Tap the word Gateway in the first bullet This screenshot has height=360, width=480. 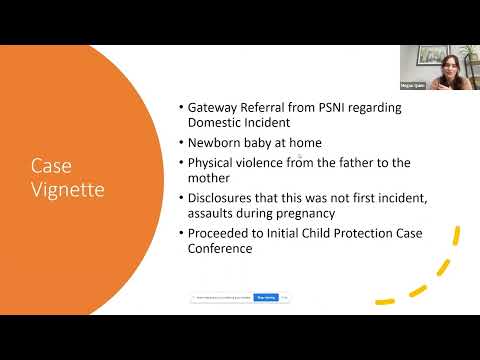coord(214,107)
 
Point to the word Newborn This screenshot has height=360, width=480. coord(217,143)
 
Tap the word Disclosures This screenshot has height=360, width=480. coord(227,199)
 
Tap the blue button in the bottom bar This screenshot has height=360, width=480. coord(265,297)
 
